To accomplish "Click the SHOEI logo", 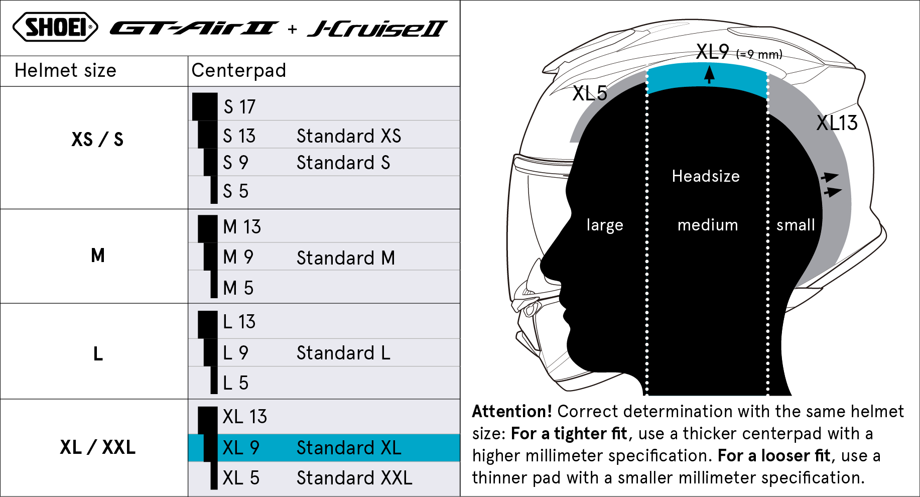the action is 55,27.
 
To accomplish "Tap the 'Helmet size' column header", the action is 65,70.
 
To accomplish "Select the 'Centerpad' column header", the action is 238,70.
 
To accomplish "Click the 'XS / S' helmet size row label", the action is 97,139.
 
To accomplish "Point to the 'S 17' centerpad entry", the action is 239,106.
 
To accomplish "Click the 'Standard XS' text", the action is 349,136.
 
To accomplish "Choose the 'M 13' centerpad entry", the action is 242,226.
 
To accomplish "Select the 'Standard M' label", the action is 346,258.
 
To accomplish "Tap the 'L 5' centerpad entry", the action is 235,383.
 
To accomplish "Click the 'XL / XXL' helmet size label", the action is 97,447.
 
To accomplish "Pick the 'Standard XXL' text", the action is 354,477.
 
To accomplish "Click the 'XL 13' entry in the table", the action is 244,416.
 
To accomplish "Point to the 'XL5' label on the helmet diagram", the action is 590,93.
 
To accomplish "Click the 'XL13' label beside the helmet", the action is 837,123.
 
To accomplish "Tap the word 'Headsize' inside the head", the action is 706,176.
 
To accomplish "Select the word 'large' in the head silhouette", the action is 605,225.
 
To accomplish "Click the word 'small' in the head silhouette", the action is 796,225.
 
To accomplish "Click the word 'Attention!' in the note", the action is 512,411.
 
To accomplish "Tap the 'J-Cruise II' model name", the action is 377,29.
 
